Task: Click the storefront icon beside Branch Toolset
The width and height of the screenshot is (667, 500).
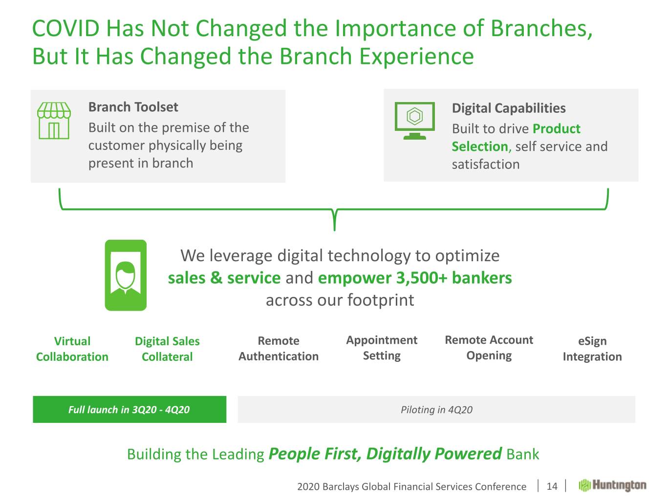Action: [x=54, y=121]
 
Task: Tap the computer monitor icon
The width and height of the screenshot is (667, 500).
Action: [x=414, y=121]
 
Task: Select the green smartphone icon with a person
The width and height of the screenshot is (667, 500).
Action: [x=126, y=275]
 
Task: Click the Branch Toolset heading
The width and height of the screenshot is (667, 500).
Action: [x=133, y=107]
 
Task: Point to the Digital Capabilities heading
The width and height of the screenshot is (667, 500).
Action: [x=509, y=108]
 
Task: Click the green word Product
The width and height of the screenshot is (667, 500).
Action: [x=557, y=129]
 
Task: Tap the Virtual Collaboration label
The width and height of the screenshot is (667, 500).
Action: [x=72, y=349]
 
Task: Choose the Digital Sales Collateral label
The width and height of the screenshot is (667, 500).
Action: [x=167, y=349]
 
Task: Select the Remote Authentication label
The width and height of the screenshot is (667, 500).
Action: [x=279, y=348]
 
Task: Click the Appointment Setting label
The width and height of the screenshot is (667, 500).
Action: [x=382, y=348]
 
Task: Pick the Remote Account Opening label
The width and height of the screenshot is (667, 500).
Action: [x=489, y=348]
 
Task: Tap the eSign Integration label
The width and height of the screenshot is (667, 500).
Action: [x=592, y=349]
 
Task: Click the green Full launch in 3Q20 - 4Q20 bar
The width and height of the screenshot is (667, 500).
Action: [x=129, y=409]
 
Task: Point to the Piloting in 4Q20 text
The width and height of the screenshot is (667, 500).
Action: [x=436, y=410]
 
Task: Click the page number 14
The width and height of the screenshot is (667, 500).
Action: [x=552, y=486]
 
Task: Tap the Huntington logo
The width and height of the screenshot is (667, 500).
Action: [x=612, y=485]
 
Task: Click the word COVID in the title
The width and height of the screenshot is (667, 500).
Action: [x=65, y=28]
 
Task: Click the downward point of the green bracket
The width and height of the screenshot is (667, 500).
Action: [x=335, y=230]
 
